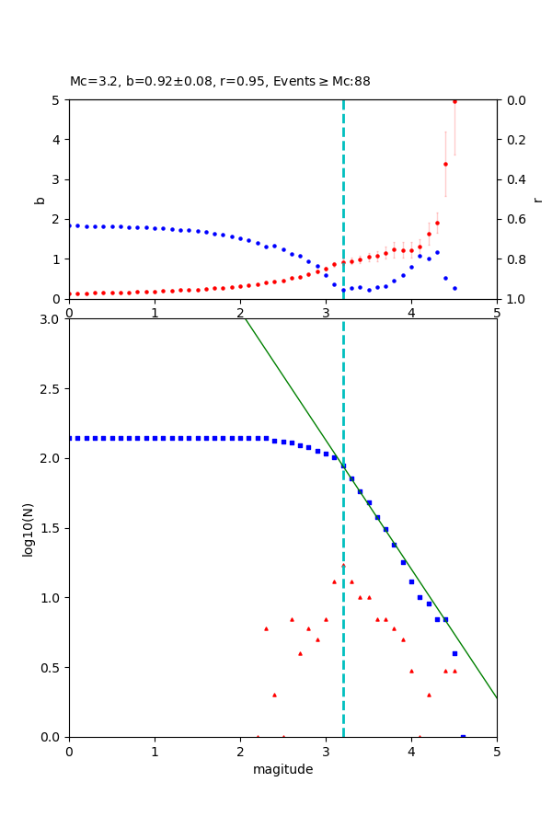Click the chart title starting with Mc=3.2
pyautogui.click(x=220, y=82)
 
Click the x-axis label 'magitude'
pyautogui.click(x=282, y=769)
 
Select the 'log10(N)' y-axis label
pyautogui.click(x=29, y=528)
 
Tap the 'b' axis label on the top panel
pyautogui.click(x=40, y=199)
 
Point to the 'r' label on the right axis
pyautogui.click(x=537, y=199)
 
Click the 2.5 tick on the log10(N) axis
pyautogui.click(x=52, y=389)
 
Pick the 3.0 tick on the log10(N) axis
pyautogui.click(x=52, y=319)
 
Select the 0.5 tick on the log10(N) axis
pyautogui.click(x=52, y=668)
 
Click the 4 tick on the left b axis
pyautogui.click(x=57, y=140)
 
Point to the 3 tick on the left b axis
pyautogui.click(x=57, y=179)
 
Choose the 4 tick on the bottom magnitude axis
pyautogui.click(x=411, y=750)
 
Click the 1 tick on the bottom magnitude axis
pyautogui.click(x=155, y=750)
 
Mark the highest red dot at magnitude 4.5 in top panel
pyautogui.click(x=454, y=101)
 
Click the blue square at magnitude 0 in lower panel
pyautogui.click(x=69, y=438)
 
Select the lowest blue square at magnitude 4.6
pyautogui.click(x=463, y=736)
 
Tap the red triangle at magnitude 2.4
pyautogui.click(x=274, y=695)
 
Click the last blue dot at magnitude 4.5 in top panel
pyautogui.click(x=454, y=288)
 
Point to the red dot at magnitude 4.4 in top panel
pyautogui.click(x=445, y=164)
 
